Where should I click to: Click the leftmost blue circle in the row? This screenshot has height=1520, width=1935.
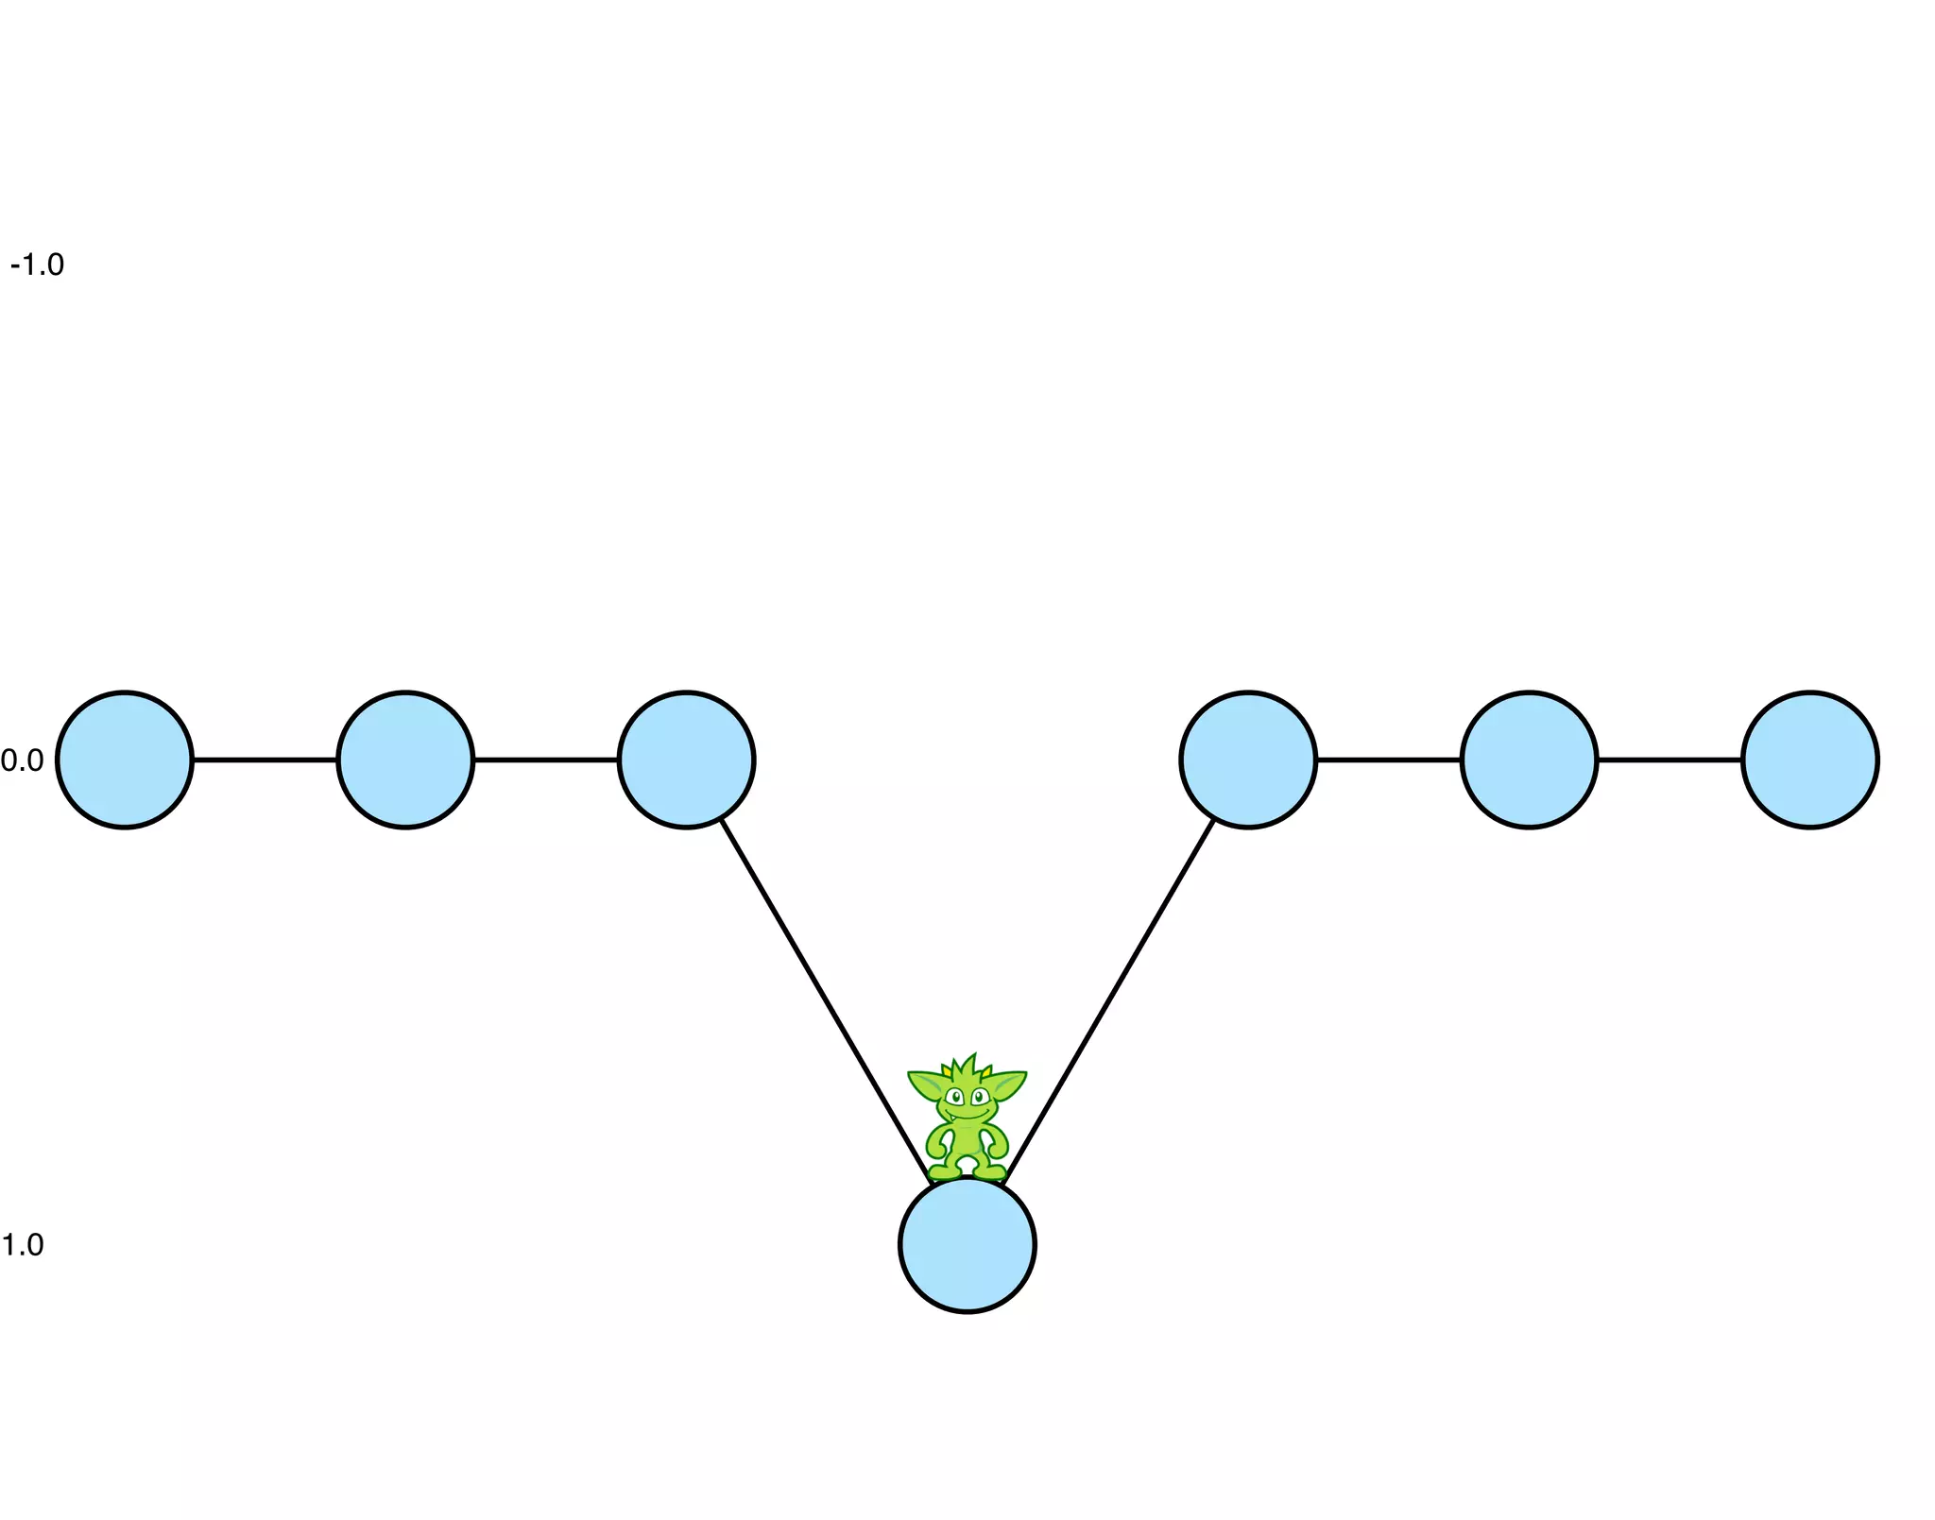point(125,760)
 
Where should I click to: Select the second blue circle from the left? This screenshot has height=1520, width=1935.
point(405,760)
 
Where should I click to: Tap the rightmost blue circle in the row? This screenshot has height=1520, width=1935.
point(1809,760)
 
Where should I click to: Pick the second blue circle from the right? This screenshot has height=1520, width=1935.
point(1529,760)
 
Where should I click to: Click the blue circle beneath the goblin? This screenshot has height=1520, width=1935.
point(967,1245)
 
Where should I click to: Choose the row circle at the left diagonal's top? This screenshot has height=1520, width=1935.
point(687,760)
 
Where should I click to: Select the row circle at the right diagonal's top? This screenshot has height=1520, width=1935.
point(1248,760)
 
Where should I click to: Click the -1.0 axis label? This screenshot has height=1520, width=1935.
point(38,265)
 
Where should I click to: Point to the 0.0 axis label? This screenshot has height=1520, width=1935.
point(23,760)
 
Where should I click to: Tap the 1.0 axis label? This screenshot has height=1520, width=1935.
point(23,1245)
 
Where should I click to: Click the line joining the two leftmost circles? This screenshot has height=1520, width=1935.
point(265,760)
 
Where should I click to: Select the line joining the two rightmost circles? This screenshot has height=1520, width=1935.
point(1670,760)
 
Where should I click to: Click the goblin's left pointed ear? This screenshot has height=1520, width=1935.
point(926,1084)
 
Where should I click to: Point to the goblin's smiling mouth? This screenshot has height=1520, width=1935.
point(967,1115)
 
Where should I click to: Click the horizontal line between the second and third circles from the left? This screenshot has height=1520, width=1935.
point(546,760)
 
